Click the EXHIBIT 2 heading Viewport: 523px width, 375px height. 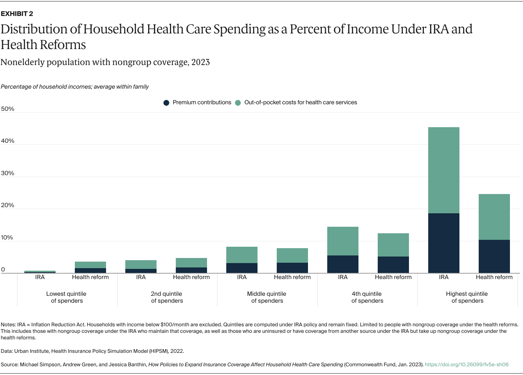pos(17,14)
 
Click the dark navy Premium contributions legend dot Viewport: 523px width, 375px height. pos(166,103)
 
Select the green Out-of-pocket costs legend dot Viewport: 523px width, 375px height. pos(238,103)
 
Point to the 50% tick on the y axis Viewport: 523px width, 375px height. pos(8,109)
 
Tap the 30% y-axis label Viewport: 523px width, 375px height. pos(8,173)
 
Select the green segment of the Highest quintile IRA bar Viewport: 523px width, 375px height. pos(443,170)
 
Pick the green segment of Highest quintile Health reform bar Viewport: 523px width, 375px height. pos(494,217)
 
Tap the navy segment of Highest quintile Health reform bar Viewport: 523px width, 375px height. pos(494,256)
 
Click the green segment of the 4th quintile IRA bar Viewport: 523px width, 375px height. pos(342,241)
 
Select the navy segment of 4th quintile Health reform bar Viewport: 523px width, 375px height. pos(393,265)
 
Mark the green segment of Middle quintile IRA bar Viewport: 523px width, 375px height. pos(242,255)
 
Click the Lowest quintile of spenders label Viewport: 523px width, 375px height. pos(66,297)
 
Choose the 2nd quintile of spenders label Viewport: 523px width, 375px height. pos(167,297)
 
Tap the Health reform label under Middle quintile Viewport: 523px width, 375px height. pos(292,277)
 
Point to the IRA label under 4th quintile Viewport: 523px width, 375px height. pos(342,277)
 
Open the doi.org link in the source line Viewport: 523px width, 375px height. pos(467,364)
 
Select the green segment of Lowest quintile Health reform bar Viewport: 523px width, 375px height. pos(90,265)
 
